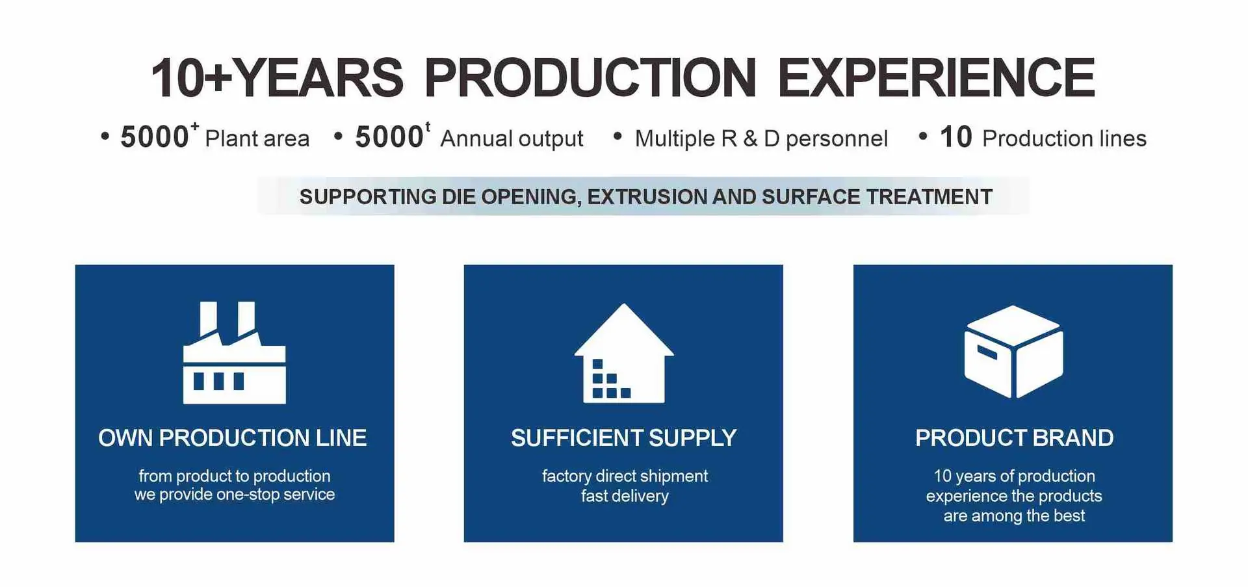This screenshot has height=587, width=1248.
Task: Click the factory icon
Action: pyautogui.click(x=234, y=352)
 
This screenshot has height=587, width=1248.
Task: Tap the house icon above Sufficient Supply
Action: pyautogui.click(x=624, y=353)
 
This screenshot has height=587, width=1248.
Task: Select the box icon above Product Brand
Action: pyautogui.click(x=1013, y=352)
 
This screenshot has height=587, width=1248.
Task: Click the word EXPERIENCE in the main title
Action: pyautogui.click(x=936, y=78)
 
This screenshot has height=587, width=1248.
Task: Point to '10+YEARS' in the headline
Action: pyautogui.click(x=277, y=78)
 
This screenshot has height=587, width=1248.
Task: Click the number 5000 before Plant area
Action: pyautogui.click(x=155, y=137)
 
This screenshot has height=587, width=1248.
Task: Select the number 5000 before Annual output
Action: pyautogui.click(x=389, y=137)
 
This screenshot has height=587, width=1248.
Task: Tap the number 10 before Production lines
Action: pyautogui.click(x=955, y=137)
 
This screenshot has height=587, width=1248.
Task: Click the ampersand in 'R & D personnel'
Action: pyautogui.click(x=750, y=138)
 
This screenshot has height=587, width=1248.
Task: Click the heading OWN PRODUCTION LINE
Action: pyautogui.click(x=233, y=437)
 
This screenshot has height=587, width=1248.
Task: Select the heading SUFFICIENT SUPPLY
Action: pyautogui.click(x=624, y=437)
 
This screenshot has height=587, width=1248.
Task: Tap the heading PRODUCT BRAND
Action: pyautogui.click(x=1015, y=437)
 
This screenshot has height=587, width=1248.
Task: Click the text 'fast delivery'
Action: pyautogui.click(x=625, y=496)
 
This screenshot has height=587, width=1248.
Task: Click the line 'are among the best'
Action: pyautogui.click(x=1014, y=515)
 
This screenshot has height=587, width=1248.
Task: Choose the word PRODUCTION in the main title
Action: pyautogui.click(x=590, y=78)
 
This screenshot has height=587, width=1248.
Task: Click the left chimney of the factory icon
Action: pyautogui.click(x=208, y=318)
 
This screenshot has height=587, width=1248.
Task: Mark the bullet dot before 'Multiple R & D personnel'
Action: pyautogui.click(x=617, y=136)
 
